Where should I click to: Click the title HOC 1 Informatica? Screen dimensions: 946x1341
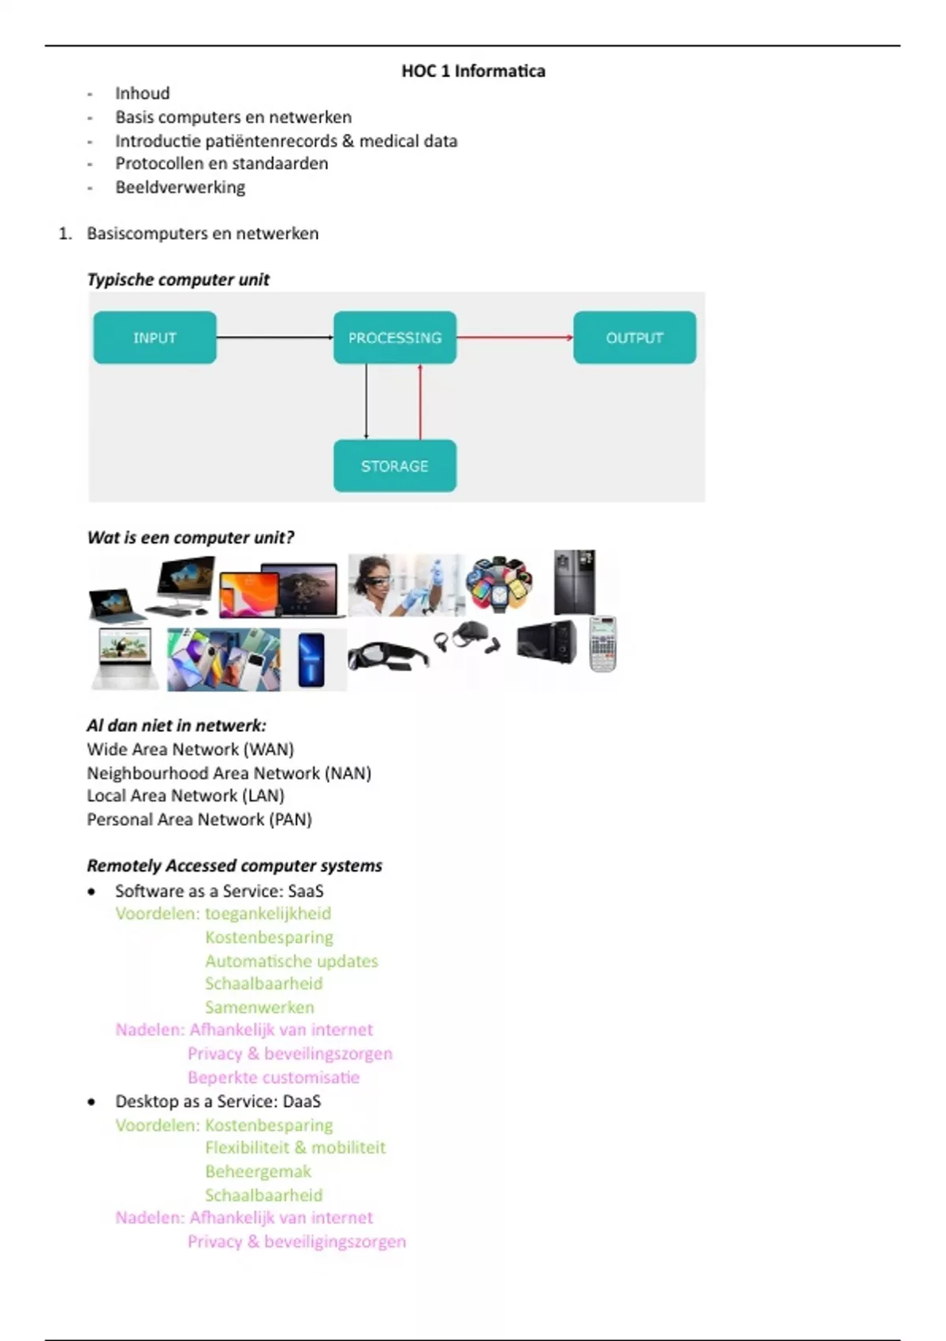click(473, 71)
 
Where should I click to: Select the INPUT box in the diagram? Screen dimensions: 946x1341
click(155, 337)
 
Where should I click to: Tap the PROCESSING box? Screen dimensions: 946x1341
click(395, 337)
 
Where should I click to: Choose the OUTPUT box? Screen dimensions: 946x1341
click(635, 337)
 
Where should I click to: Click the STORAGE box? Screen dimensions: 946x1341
click(395, 465)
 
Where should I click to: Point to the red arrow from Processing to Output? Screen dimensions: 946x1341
click(515, 338)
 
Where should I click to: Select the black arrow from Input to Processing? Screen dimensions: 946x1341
click(275, 338)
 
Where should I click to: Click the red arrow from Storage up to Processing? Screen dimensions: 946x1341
click(420, 402)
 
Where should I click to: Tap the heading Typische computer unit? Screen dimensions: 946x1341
click(178, 279)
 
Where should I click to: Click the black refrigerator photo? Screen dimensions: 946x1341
click(575, 582)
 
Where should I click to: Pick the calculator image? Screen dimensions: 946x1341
click(602, 644)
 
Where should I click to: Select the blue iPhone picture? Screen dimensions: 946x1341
click(311, 659)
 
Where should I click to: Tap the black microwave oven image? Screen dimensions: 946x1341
click(547, 642)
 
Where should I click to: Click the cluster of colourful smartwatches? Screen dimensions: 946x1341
click(499, 585)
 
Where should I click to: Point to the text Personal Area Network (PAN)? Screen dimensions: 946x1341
click(199, 819)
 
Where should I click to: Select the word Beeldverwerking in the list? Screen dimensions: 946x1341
click(180, 188)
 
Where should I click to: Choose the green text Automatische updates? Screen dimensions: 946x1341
click(292, 961)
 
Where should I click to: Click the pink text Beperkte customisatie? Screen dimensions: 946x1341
click(274, 1077)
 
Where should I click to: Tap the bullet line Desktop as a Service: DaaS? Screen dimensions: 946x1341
click(218, 1101)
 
